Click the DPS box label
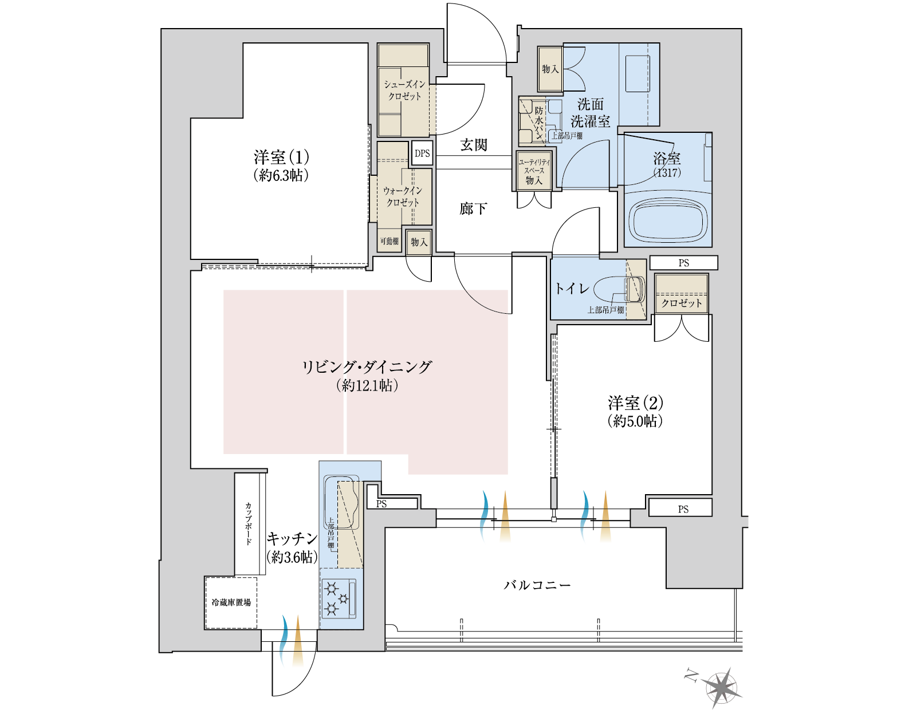[x=422, y=153]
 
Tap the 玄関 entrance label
[x=474, y=145]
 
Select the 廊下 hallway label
[x=473, y=208]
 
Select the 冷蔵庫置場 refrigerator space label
[x=231, y=602]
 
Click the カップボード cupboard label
[x=249, y=523]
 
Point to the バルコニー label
[x=537, y=586]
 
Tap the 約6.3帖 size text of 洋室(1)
[x=281, y=176]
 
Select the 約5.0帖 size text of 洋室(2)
[x=636, y=421]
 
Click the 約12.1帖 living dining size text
[x=367, y=386]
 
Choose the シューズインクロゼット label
[x=404, y=90]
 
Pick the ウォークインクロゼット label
[x=403, y=197]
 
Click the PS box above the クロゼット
[x=683, y=263]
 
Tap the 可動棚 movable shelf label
[x=389, y=241]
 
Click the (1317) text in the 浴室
[x=667, y=173]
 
